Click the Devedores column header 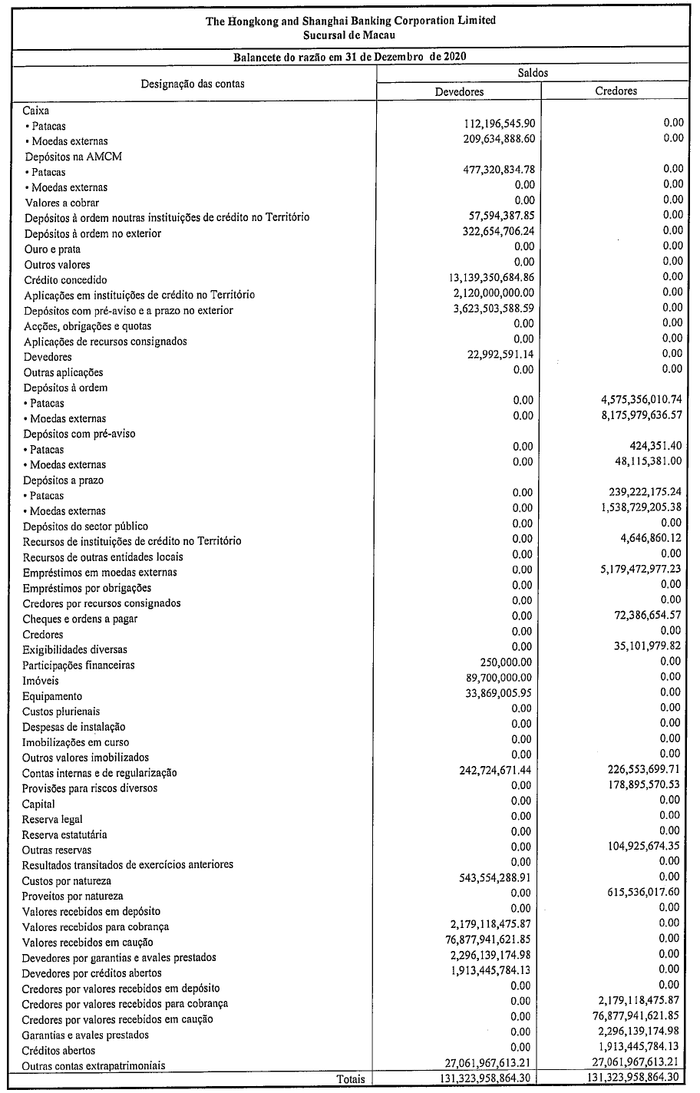click(x=459, y=91)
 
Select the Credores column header click(x=616, y=91)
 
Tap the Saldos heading click(x=533, y=73)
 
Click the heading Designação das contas click(x=193, y=83)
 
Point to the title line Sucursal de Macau click(x=350, y=35)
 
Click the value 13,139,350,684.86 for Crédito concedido click(x=491, y=277)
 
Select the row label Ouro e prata click(x=52, y=249)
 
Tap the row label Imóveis click(x=41, y=681)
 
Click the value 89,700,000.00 click(x=498, y=677)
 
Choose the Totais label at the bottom click(x=351, y=1079)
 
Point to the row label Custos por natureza click(x=67, y=880)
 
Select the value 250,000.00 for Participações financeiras click(x=506, y=662)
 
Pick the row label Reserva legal click(x=52, y=819)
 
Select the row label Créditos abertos click(x=59, y=1050)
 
